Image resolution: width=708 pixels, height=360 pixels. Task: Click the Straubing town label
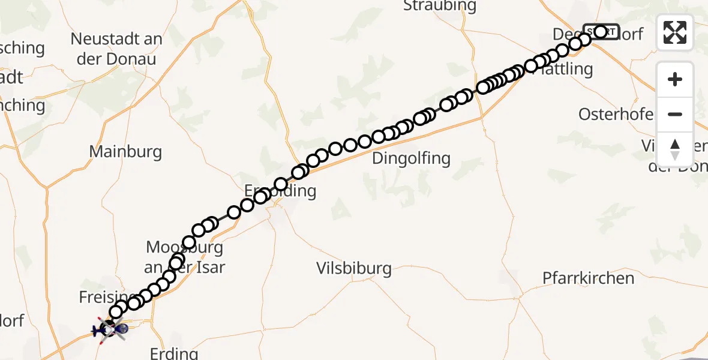click(440, 6)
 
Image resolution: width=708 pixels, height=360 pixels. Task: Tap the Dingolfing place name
click(411, 158)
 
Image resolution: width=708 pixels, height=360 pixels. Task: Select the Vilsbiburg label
click(354, 268)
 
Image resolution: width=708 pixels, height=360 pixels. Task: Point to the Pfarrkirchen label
click(588, 278)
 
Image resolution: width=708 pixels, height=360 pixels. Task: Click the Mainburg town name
click(125, 151)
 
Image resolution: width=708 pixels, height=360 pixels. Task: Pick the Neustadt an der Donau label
click(116, 49)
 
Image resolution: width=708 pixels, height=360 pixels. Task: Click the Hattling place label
click(564, 69)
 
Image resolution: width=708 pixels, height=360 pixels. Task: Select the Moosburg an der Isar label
click(185, 257)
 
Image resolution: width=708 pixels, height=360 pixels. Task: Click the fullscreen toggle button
click(675, 32)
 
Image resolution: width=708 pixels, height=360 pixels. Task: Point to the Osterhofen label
click(616, 114)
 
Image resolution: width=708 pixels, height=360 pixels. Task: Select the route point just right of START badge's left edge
click(600, 31)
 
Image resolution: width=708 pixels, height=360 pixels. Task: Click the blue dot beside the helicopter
click(121, 329)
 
